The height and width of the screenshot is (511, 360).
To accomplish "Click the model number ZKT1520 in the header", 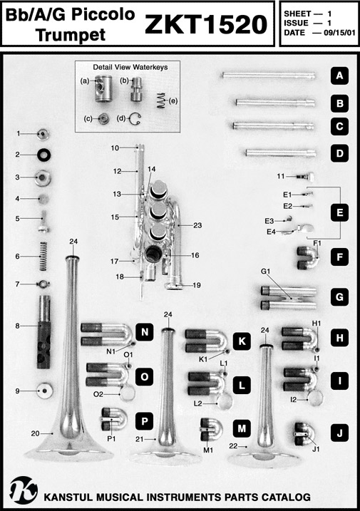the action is coord(206,24).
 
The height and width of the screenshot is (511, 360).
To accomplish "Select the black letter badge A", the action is coord(339,76).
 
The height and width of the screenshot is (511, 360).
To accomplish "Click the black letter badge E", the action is coord(339,213).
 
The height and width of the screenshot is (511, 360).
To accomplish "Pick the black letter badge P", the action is coord(145,421).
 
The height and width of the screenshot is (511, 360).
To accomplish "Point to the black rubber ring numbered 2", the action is coord(43,155).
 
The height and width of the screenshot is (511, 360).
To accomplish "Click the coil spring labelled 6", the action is coord(43,256).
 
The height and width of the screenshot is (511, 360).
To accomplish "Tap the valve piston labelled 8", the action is coord(43,332).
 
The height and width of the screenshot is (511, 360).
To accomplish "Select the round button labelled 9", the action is coord(45,391).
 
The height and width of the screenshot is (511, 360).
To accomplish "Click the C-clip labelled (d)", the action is coord(134,119).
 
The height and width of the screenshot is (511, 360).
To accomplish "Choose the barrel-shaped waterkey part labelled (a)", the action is coord(102,88).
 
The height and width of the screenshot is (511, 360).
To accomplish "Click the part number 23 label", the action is coord(197,225).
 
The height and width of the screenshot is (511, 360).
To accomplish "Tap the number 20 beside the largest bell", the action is coord(36,433).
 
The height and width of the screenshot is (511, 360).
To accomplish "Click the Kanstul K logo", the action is coord(24,490).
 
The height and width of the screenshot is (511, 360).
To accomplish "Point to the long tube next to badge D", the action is coord(281,153).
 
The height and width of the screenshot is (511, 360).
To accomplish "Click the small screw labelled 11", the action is coord(306,177).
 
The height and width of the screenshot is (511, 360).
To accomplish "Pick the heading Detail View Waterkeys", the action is coord(130,67).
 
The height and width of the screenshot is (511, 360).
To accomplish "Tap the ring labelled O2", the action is coord(127,394).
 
